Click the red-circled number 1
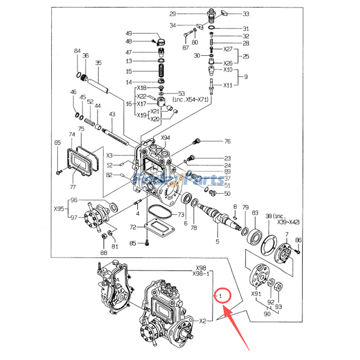(x=221, y=296)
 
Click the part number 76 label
(x=227, y=142)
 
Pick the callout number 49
(x=129, y=34)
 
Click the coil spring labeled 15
(x=161, y=71)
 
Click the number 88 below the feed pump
(x=104, y=253)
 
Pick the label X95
(x=59, y=209)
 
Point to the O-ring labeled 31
(x=211, y=28)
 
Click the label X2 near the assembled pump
(x=202, y=321)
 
